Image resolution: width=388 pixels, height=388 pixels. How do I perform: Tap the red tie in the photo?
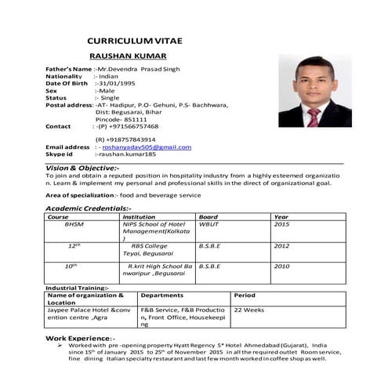click(314, 117)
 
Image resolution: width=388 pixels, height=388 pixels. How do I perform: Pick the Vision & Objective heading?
click(82, 168)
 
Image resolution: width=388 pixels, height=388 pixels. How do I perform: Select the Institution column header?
click(139, 216)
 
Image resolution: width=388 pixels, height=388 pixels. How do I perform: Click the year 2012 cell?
click(281, 245)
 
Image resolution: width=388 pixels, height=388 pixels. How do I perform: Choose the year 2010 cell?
click(281, 267)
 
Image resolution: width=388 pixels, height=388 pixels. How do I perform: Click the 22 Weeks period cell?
click(249, 310)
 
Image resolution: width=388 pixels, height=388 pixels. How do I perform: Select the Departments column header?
click(162, 296)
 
